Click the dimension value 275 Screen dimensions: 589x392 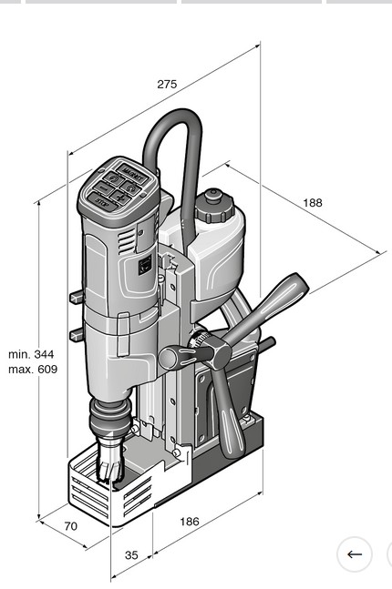pyautogui.click(x=166, y=84)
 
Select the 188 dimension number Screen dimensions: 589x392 pyautogui.click(x=313, y=202)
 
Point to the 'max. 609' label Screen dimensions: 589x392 pyautogui.click(x=33, y=369)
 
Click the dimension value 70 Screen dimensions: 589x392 pyautogui.click(x=69, y=525)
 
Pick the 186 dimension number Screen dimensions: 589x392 pyautogui.click(x=188, y=521)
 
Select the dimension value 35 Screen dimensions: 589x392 pyautogui.click(x=131, y=554)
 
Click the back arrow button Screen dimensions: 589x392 pyautogui.click(x=354, y=553)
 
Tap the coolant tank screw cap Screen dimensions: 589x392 pyautogui.click(x=213, y=205)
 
